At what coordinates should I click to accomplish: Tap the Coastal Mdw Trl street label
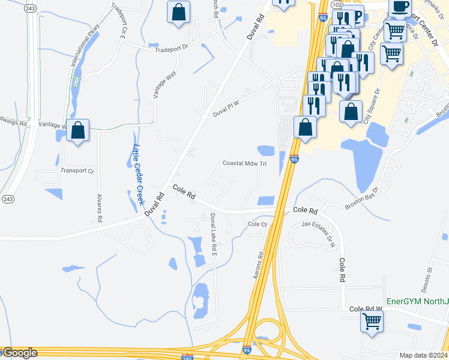point(244,163)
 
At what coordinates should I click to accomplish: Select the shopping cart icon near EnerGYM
point(372,320)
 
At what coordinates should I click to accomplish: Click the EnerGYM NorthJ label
point(417,301)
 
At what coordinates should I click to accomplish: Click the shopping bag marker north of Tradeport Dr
point(178,12)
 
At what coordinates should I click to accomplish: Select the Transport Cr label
point(78,171)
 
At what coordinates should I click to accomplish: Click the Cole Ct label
point(257,224)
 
